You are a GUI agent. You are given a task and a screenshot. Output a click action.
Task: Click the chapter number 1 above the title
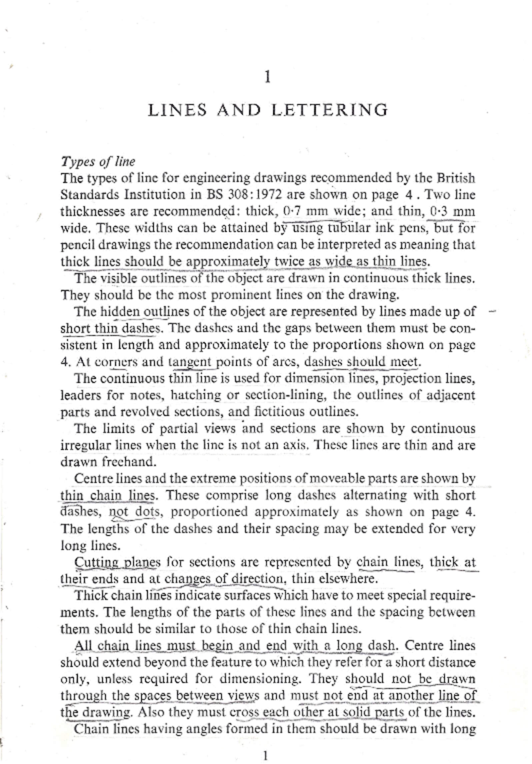coord(267,78)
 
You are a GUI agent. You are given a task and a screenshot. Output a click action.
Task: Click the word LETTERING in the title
coord(329,110)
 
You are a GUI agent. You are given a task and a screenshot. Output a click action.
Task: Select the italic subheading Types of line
coord(98,161)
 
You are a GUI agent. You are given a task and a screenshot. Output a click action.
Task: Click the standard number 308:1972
coord(255,195)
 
